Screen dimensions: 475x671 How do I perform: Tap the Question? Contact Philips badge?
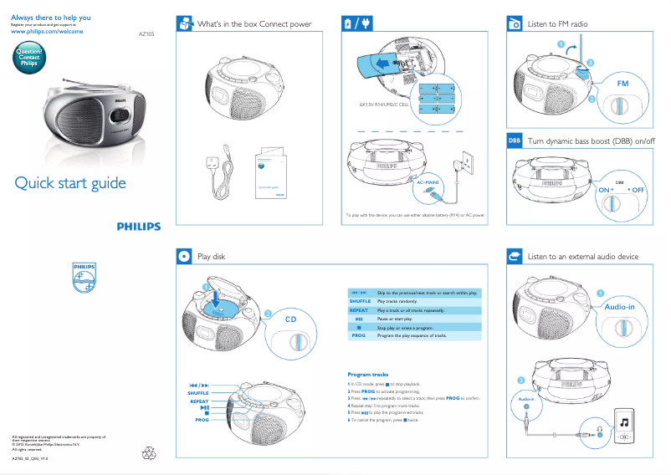pyautogui.click(x=29, y=58)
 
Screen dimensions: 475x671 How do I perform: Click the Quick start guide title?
pyautogui.click(x=70, y=183)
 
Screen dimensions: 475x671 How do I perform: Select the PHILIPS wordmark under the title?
pyautogui.click(x=139, y=226)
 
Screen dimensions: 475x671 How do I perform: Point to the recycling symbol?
pyautogui.click(x=151, y=452)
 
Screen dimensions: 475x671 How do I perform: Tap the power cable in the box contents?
pyautogui.click(x=220, y=176)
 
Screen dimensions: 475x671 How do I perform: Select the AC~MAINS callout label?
pyautogui.click(x=428, y=181)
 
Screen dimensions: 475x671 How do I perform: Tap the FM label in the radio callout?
pyautogui.click(x=622, y=84)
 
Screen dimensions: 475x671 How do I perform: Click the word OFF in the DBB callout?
pyautogui.click(x=639, y=191)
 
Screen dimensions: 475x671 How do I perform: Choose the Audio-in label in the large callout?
pyautogui.click(x=620, y=308)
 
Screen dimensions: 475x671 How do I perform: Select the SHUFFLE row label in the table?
pyautogui.click(x=360, y=301)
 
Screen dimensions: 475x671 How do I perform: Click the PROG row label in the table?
pyautogui.click(x=359, y=335)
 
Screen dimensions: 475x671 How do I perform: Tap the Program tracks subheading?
pyautogui.click(x=367, y=374)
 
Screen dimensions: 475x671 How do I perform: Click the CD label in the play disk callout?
pyautogui.click(x=291, y=319)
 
